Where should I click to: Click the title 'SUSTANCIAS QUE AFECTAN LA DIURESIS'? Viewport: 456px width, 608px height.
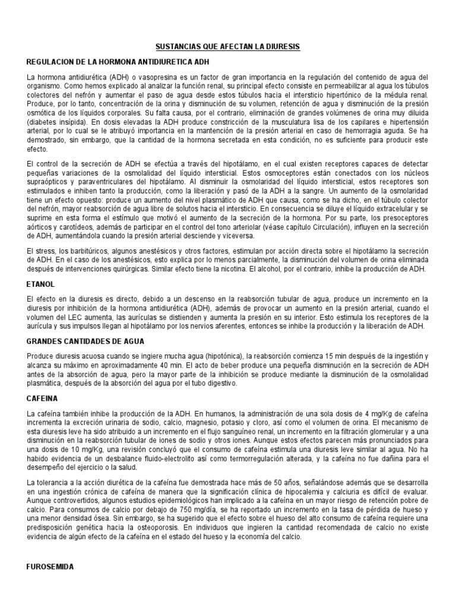[228, 46]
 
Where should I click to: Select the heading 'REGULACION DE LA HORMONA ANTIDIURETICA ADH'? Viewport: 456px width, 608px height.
[118, 62]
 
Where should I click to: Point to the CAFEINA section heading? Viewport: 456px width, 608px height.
[43, 398]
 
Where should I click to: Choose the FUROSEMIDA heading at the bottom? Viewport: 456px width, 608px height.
[50, 567]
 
